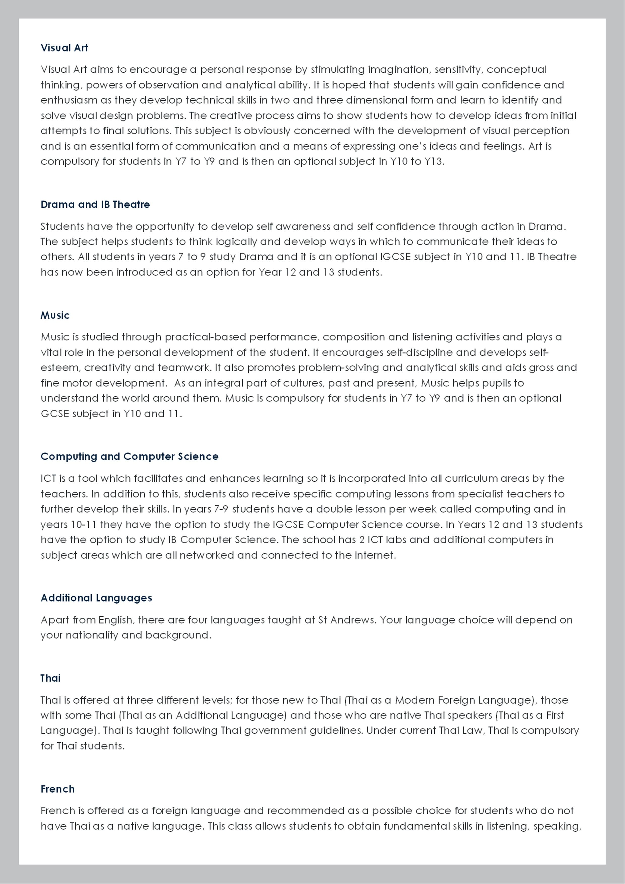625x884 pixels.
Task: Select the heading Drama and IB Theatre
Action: pyautogui.click(x=95, y=204)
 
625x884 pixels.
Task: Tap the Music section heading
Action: pyautogui.click(x=55, y=315)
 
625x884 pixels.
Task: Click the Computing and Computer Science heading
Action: pyautogui.click(x=129, y=456)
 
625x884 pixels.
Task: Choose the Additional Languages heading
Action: pyautogui.click(x=96, y=598)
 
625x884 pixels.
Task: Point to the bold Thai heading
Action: pyautogui.click(x=50, y=678)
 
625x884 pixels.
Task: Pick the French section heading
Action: pyautogui.click(x=58, y=789)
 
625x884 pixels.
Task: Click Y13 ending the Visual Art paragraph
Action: pyautogui.click(x=434, y=161)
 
